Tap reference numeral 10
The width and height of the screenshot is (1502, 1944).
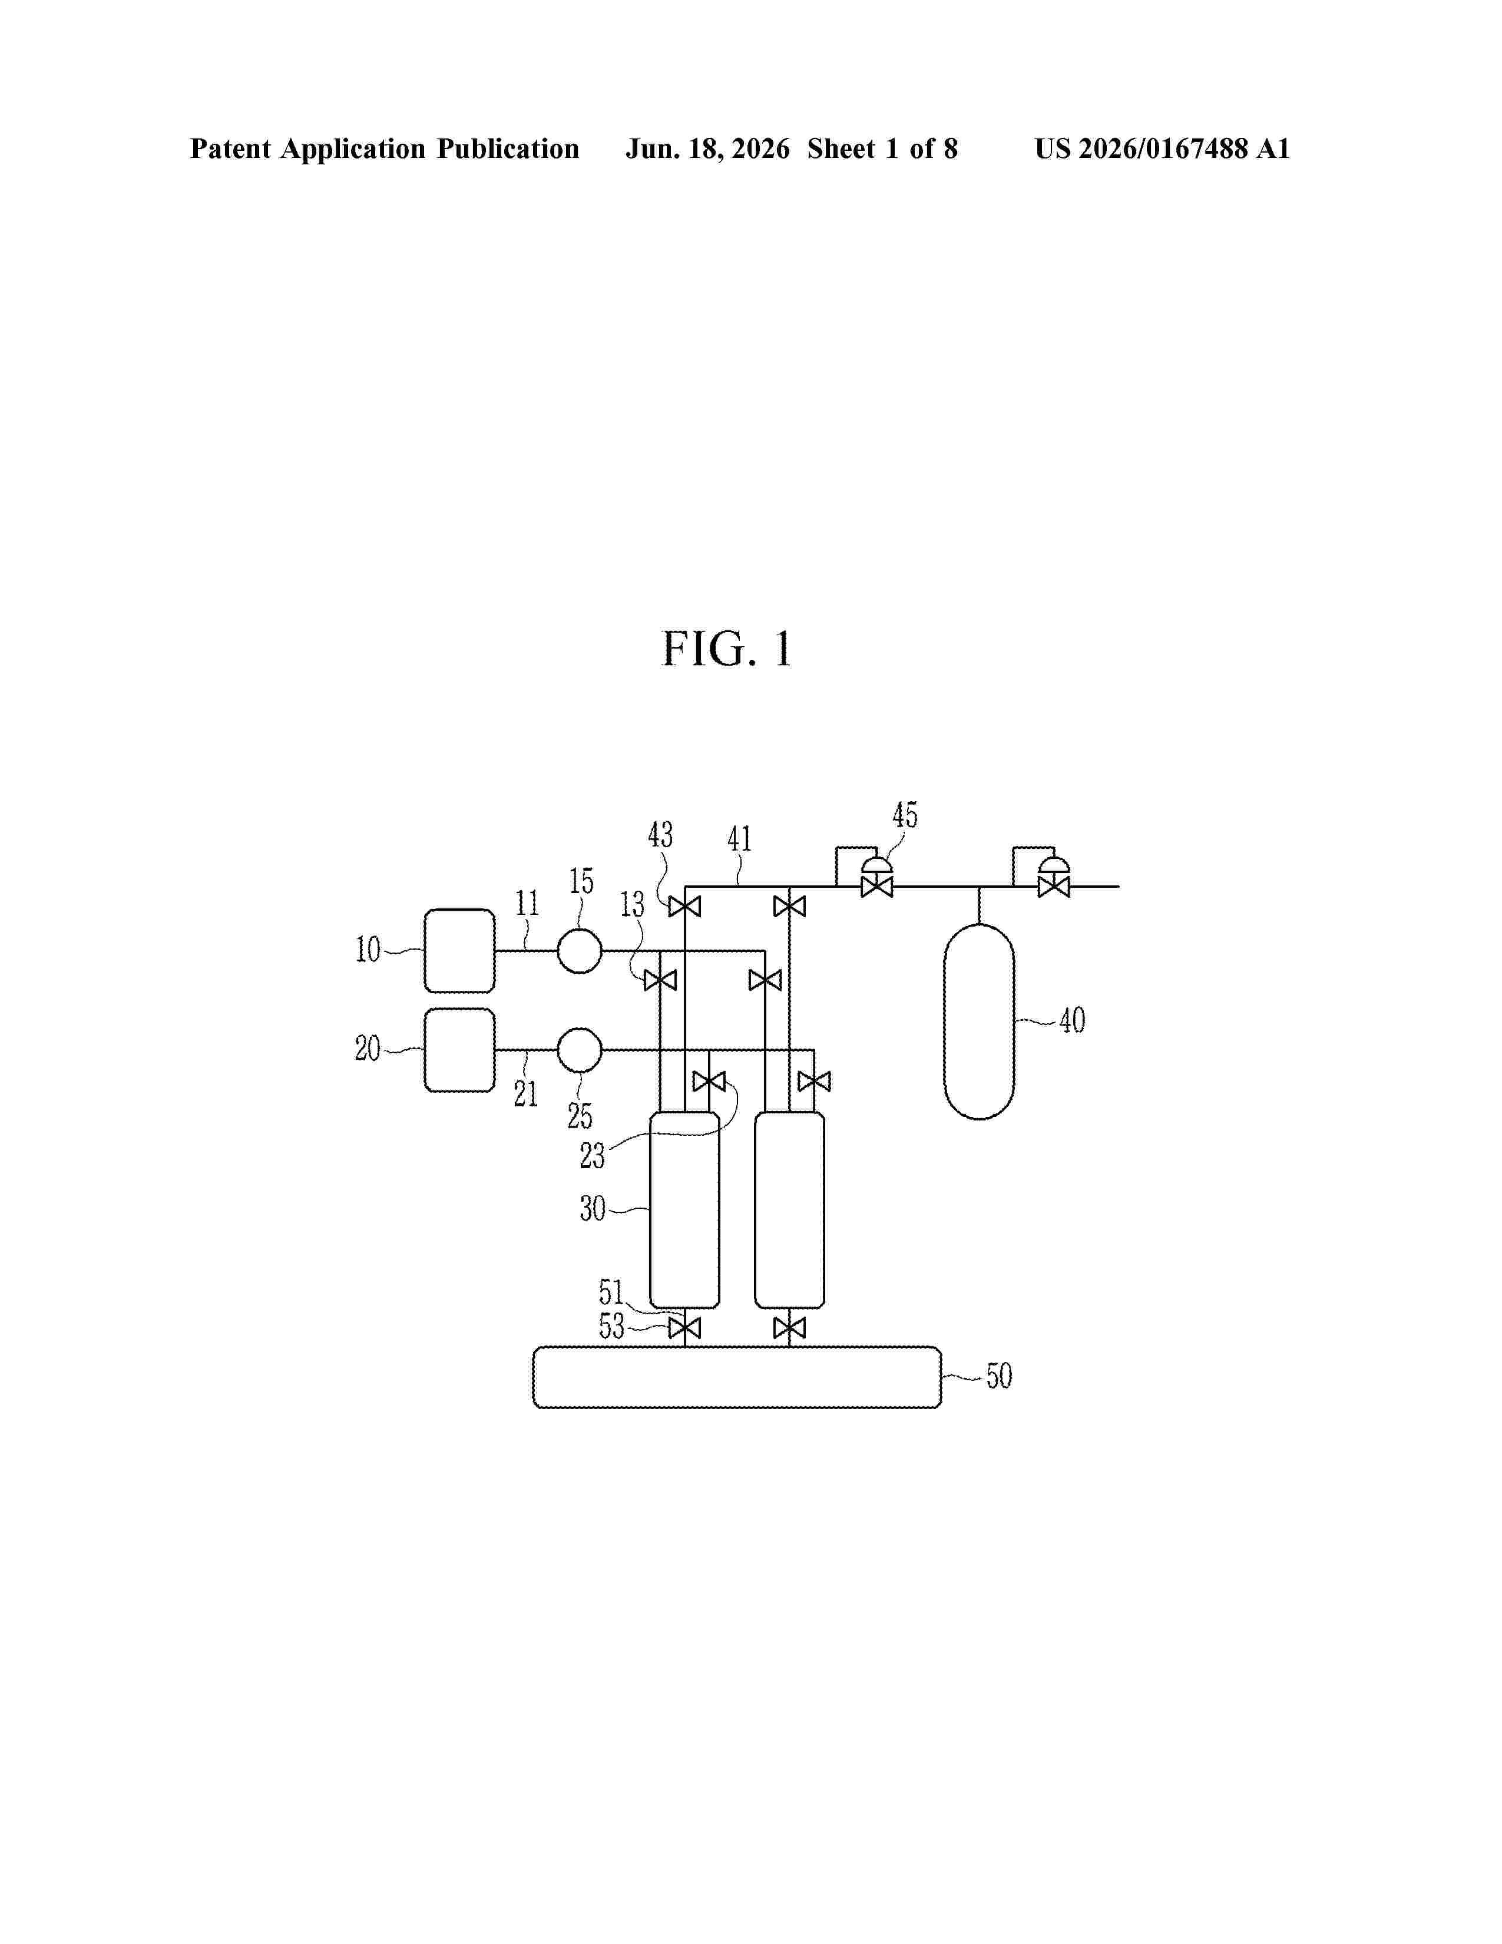(x=368, y=950)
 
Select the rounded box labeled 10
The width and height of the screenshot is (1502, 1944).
(x=459, y=951)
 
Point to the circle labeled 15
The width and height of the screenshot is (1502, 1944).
(x=579, y=951)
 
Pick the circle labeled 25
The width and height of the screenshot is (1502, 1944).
(x=579, y=1050)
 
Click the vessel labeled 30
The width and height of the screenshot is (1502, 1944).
(x=684, y=1209)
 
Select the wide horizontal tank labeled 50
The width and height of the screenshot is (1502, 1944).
(x=737, y=1377)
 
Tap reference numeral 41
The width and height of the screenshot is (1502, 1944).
(x=739, y=838)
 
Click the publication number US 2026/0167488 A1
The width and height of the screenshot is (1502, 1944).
(x=1162, y=148)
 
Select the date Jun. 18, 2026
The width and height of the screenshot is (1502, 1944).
(x=707, y=148)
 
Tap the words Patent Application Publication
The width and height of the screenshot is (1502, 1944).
(x=385, y=148)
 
